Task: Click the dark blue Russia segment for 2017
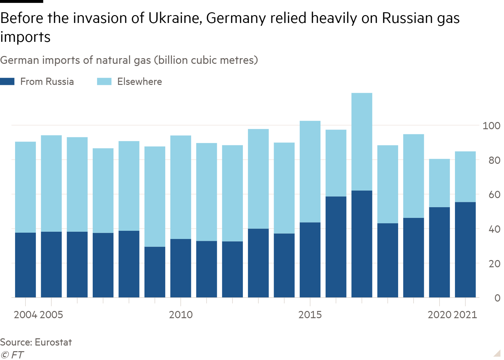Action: pos(362,244)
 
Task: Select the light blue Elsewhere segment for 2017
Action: pos(362,141)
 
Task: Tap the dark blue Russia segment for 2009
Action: pos(155,272)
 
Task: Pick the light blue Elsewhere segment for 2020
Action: pos(439,183)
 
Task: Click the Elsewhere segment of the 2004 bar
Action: pos(25,187)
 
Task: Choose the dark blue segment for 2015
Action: pos(310,260)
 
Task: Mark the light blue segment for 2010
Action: pos(181,187)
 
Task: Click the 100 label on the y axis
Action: pos(491,126)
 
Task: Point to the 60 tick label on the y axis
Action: pos(494,195)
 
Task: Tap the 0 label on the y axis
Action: pos(497,298)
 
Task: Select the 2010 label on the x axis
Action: pos(181,315)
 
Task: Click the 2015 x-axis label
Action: pos(310,315)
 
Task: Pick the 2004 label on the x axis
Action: pos(25,315)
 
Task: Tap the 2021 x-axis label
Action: pos(465,315)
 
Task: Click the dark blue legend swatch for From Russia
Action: pos(7,82)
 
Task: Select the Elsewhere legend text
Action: pos(140,82)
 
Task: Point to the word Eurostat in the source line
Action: pos(53,342)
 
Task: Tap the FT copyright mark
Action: pos(12,355)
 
